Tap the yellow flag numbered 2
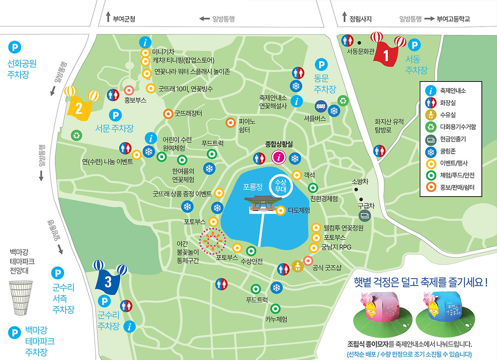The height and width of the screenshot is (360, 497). point(79,106)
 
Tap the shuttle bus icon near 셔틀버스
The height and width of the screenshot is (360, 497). point(321,106)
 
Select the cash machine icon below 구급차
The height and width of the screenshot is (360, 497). point(365,216)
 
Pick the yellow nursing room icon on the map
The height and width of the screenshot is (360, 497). point(297,267)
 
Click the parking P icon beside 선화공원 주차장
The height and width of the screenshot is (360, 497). point(14,47)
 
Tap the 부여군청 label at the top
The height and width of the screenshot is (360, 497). point(124,19)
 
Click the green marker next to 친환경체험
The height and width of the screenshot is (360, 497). point(313,188)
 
